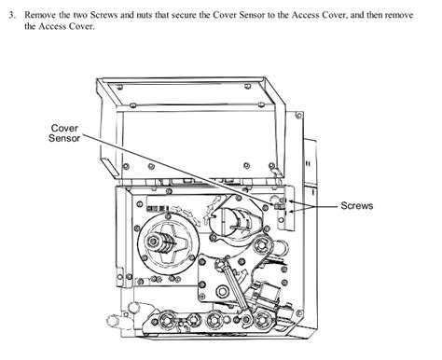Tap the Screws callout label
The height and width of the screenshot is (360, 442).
point(357,205)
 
